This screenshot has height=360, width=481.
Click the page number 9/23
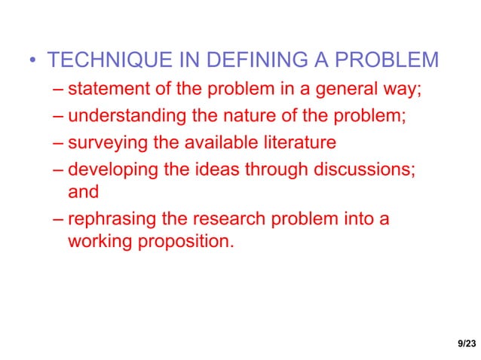pos(467,343)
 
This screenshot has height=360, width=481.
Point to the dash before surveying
pos(59,142)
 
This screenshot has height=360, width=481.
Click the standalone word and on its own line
pos(83,192)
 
